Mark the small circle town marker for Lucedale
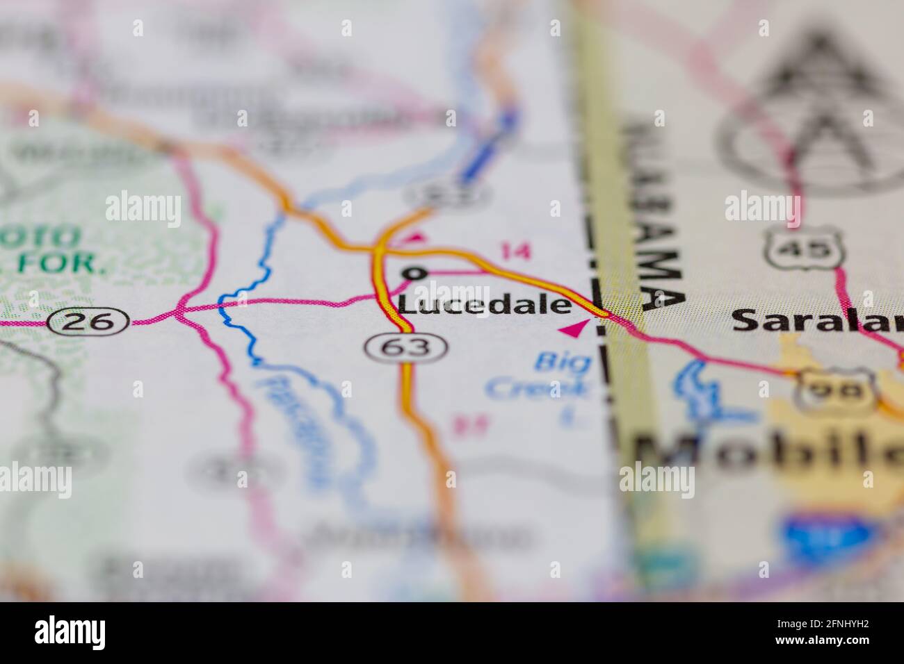(415, 273)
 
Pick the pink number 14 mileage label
(515, 251)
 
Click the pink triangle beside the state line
(574, 329)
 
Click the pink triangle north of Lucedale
(414, 238)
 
